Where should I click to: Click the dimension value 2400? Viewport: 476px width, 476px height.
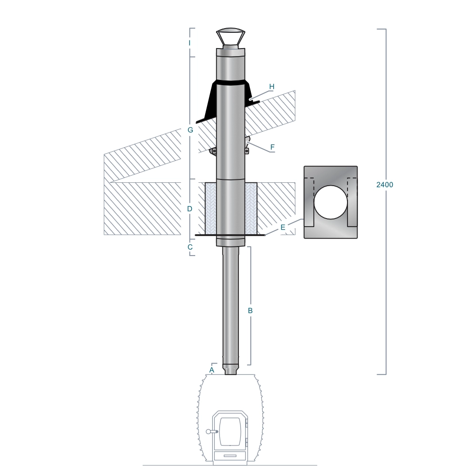(385, 185)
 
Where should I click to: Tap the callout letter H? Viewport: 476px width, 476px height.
(272, 87)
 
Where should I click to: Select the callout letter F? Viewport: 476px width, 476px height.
(272, 147)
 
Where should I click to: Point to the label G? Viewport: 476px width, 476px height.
(190, 130)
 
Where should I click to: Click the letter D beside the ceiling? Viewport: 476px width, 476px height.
(190, 209)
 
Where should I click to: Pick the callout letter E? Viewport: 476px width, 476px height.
(283, 228)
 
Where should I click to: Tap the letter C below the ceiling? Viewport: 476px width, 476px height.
(190, 247)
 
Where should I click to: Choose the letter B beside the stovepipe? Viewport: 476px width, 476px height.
(250, 310)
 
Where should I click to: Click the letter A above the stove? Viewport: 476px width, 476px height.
(212, 370)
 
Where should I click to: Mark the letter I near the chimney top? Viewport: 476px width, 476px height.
(190, 43)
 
